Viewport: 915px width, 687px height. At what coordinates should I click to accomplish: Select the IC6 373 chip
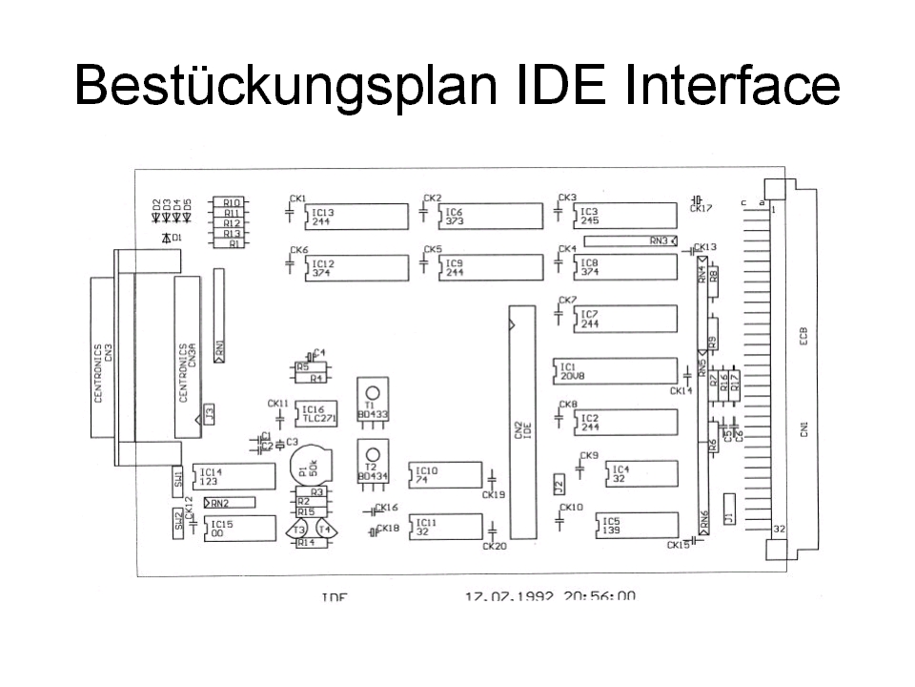coord(487,216)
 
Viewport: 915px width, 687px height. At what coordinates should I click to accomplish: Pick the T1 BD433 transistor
coord(372,399)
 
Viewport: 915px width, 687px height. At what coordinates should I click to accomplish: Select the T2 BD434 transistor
coord(372,462)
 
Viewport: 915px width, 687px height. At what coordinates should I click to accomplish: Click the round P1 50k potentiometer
coord(309,468)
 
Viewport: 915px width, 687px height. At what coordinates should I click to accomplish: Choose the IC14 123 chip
coord(234,476)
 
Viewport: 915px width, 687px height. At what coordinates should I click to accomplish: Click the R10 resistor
coord(232,202)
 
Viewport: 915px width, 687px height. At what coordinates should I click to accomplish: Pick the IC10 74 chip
coord(445,474)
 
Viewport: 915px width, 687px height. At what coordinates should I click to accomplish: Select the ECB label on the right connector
coord(804,339)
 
